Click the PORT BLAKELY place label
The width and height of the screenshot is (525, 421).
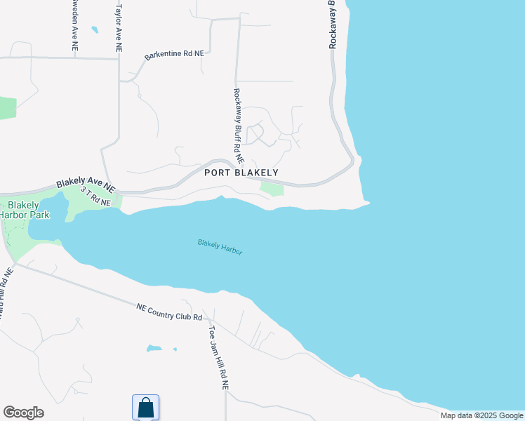241,173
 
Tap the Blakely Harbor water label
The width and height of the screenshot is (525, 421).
220,246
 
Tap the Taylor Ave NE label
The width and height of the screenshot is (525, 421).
119,26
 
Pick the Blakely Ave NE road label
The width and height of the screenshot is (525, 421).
86,185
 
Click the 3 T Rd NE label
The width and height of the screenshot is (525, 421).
95,196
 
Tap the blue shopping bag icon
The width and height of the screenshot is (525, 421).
145,407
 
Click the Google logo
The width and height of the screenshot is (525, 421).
23,413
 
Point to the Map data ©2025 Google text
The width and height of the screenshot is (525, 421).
481,415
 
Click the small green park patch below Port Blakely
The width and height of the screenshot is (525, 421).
272,187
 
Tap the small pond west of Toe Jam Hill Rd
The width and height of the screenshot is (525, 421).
154,348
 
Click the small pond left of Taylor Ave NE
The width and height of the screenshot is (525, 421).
95,30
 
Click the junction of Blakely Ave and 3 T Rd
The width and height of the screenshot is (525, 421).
117,192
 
